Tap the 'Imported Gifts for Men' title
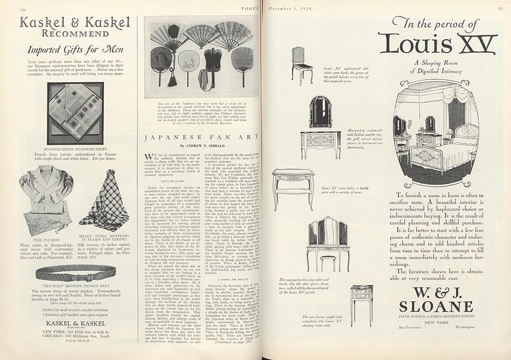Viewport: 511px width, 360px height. tap(70, 49)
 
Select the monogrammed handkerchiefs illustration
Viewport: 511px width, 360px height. tap(75, 105)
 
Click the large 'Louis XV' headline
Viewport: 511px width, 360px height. tap(438, 43)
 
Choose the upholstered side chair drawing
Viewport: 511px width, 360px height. tap(302, 65)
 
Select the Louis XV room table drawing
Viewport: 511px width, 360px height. tap(293, 189)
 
